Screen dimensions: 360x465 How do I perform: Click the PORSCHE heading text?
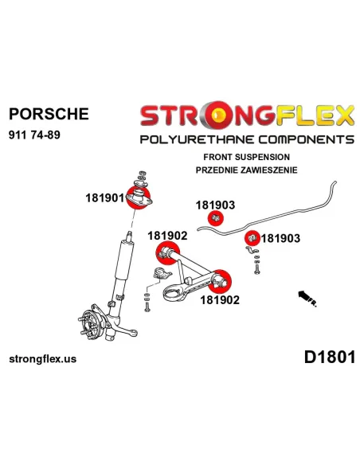[49, 114]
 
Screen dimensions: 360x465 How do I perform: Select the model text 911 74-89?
[34, 135]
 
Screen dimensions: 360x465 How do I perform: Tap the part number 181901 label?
[104, 197]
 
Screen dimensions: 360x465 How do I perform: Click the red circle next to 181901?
[139, 198]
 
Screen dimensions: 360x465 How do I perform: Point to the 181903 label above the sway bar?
[215, 205]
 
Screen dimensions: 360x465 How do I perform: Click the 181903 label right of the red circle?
[280, 238]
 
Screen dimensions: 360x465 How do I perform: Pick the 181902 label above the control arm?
[167, 236]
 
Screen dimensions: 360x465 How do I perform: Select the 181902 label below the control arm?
[220, 300]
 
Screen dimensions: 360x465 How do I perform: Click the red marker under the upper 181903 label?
[215, 218]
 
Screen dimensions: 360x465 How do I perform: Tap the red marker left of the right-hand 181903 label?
[252, 238]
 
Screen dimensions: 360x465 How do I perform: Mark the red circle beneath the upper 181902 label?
[168, 253]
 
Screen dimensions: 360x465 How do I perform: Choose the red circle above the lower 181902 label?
[220, 281]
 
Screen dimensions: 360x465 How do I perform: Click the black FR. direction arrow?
[307, 298]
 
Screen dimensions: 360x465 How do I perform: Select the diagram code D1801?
[330, 357]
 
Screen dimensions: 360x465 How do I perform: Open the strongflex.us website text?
[43, 359]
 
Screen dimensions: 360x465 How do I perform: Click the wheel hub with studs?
[91, 324]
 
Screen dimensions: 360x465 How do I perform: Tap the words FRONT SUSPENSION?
[246, 157]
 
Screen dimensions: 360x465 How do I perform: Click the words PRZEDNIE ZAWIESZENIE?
[246, 170]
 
